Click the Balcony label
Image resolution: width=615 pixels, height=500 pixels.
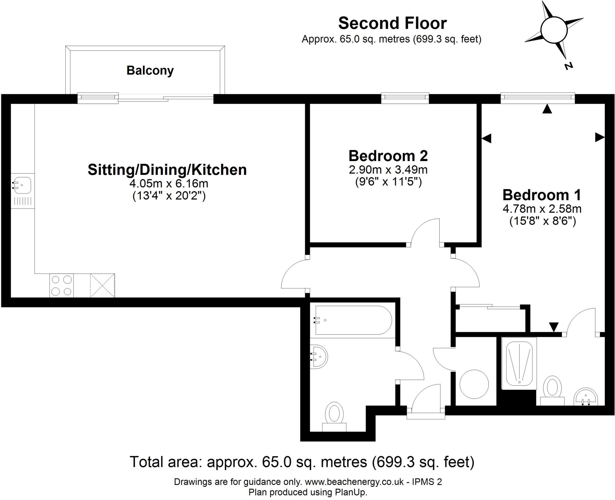click(x=150, y=71)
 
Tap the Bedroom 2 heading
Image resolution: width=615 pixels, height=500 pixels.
click(x=388, y=156)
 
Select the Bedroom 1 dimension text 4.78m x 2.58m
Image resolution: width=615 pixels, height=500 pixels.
click(x=542, y=209)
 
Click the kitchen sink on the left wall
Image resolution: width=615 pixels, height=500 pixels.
click(x=22, y=185)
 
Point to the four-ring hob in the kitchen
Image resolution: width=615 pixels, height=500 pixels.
click(x=62, y=285)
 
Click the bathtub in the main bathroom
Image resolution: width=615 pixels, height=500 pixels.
click(x=353, y=320)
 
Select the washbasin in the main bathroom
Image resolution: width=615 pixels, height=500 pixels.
click(x=319, y=357)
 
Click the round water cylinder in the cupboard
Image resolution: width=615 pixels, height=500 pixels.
click(x=474, y=384)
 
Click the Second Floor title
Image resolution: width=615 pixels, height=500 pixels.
click(x=392, y=23)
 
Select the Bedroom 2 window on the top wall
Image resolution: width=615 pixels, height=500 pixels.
click(x=405, y=97)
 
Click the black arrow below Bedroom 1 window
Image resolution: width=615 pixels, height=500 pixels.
click(x=547, y=109)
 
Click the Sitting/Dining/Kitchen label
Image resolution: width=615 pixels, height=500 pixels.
click(x=167, y=170)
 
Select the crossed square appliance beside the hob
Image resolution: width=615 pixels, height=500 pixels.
click(x=102, y=285)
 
